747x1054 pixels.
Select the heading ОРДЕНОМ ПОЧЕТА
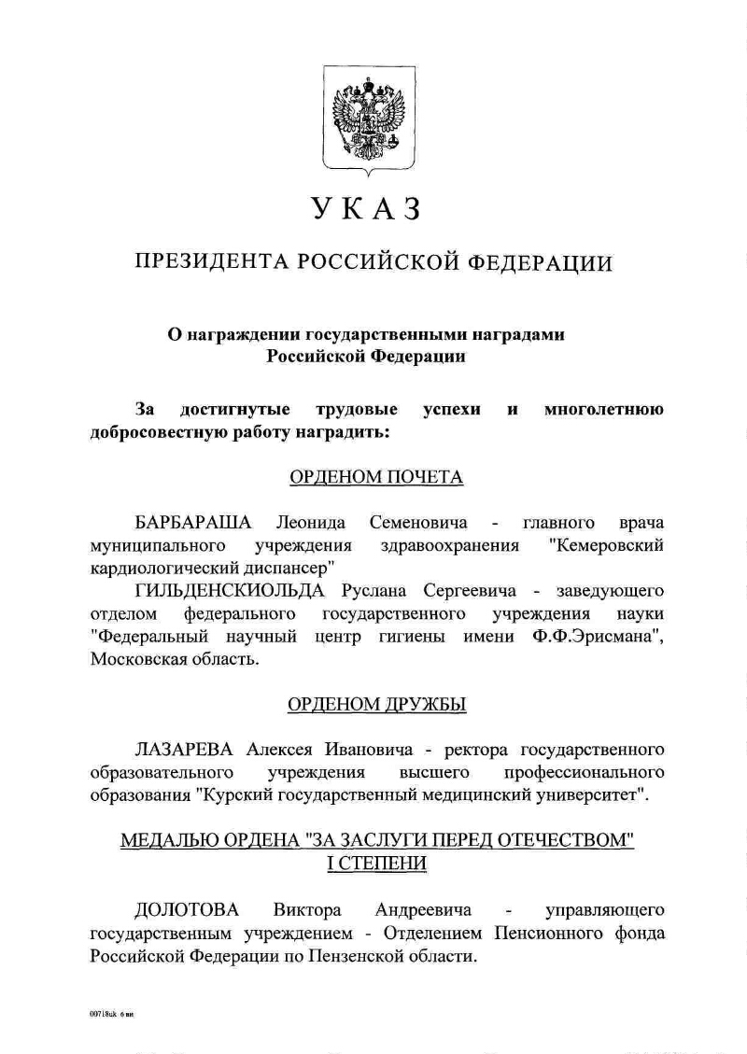pos(376,478)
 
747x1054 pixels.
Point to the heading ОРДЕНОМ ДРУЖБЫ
pos(376,704)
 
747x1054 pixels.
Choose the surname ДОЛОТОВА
pos(187,909)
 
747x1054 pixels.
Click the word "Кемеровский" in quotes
pos(607,544)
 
